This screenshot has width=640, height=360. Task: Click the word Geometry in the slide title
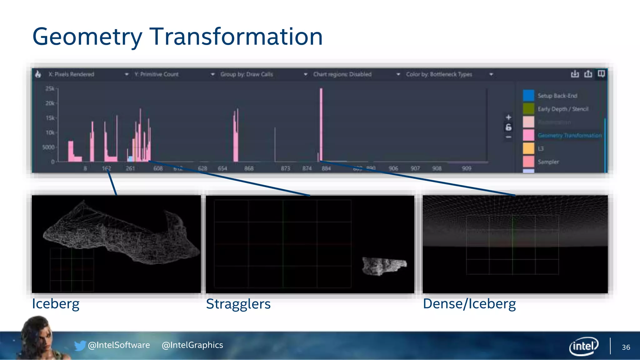(87, 37)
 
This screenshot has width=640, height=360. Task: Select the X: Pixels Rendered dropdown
(87, 74)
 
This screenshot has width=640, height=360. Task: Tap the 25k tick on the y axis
(50, 89)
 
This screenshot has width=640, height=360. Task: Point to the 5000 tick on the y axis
(48, 147)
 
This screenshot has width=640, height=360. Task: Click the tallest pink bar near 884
(321, 125)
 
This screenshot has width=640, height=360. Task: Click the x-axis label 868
(249, 168)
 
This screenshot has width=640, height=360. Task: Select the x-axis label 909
(466, 168)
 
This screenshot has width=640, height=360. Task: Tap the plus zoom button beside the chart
(508, 117)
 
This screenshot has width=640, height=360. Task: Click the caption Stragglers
(238, 304)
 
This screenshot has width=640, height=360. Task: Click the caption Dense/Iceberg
(469, 304)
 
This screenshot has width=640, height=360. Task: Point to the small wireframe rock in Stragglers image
(384, 266)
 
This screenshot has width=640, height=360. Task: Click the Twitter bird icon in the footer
(80, 345)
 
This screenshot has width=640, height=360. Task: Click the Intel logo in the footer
(583, 346)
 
